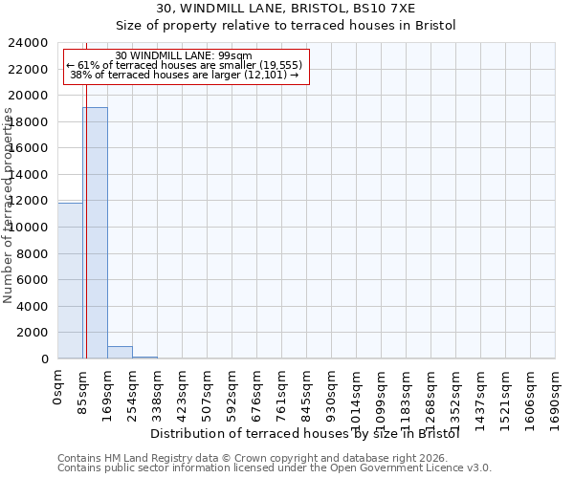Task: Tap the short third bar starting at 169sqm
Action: coord(120,353)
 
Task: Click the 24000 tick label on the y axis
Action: coord(30,43)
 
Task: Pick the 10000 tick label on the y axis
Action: coord(30,228)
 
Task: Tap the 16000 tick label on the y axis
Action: coord(30,148)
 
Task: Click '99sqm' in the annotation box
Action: coord(235,56)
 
